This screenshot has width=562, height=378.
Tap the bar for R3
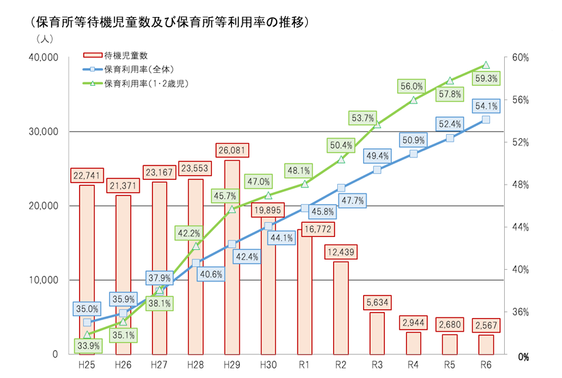click(377, 333)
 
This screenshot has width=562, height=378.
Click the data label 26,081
click(232, 150)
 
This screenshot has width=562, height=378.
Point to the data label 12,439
click(341, 252)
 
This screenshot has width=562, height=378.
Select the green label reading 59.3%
click(486, 79)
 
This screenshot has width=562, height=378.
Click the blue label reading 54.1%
click(486, 106)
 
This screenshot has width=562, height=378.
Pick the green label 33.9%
click(87, 345)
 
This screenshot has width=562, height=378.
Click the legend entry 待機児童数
click(126, 55)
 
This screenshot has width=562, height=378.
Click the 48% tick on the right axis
click(520, 185)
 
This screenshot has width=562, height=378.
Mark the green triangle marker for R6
click(486, 65)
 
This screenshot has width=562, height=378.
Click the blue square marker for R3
click(377, 170)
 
